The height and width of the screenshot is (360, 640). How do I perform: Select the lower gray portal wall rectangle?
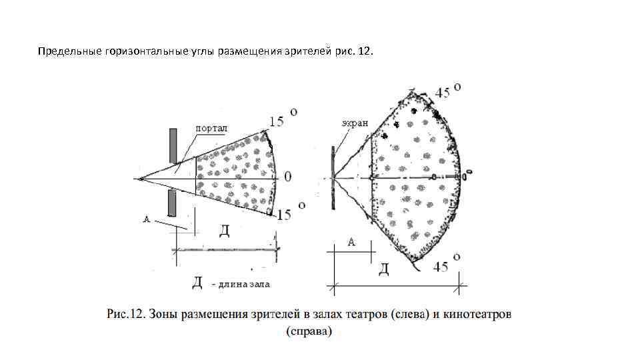coord(173,203)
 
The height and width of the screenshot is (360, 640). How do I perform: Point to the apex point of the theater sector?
coord(140,179)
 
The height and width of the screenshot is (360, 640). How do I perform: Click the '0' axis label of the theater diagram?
coord(288,177)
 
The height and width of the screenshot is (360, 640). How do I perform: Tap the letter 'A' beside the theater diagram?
coord(147,219)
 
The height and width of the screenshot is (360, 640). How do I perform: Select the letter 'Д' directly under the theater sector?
coord(225,231)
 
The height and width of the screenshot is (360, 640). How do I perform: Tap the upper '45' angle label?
coord(443,93)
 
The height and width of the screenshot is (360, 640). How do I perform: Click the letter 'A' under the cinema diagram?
coord(351,243)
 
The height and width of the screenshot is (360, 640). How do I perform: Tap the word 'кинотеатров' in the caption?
coord(478,313)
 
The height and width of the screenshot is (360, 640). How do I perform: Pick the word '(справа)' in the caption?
coord(308,331)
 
